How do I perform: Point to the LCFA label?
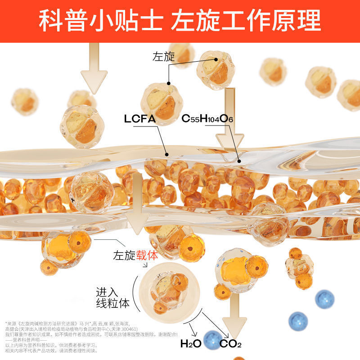tap(139, 119)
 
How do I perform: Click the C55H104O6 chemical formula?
tap(207, 119)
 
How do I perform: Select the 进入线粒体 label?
tap(112, 297)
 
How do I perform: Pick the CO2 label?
tap(230, 345)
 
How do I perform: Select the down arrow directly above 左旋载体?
tap(137, 211)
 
